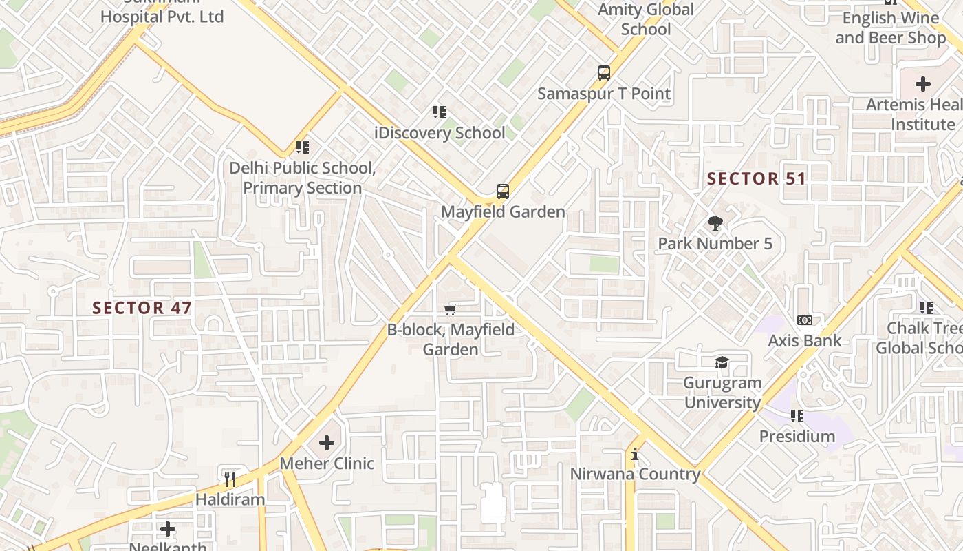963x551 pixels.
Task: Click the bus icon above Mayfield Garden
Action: click(x=503, y=191)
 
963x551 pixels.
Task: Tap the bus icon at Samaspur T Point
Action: click(x=603, y=73)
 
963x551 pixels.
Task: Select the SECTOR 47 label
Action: click(x=142, y=308)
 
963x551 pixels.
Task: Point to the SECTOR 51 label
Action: click(x=757, y=179)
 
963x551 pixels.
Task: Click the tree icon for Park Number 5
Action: click(x=715, y=223)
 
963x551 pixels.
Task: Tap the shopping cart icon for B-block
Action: click(x=451, y=309)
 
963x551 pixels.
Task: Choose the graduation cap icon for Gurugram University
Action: click(x=722, y=363)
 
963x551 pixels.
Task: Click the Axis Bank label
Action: click(x=804, y=340)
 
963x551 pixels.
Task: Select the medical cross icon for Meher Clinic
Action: click(x=327, y=443)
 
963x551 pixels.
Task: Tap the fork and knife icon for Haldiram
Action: click(x=230, y=479)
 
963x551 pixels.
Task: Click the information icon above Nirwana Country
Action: click(x=635, y=455)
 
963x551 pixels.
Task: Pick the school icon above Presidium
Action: click(x=797, y=416)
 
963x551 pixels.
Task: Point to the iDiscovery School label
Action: click(x=440, y=133)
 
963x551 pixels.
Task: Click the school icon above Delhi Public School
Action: click(x=302, y=147)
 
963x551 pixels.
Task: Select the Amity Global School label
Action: click(x=646, y=19)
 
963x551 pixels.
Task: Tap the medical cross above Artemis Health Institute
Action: click(x=923, y=85)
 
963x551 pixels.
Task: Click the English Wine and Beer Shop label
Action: click(x=890, y=28)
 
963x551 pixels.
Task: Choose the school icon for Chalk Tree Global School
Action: click(x=927, y=308)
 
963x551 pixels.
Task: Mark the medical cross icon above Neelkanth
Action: click(x=168, y=529)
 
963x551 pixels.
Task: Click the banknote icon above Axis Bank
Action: click(x=804, y=320)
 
